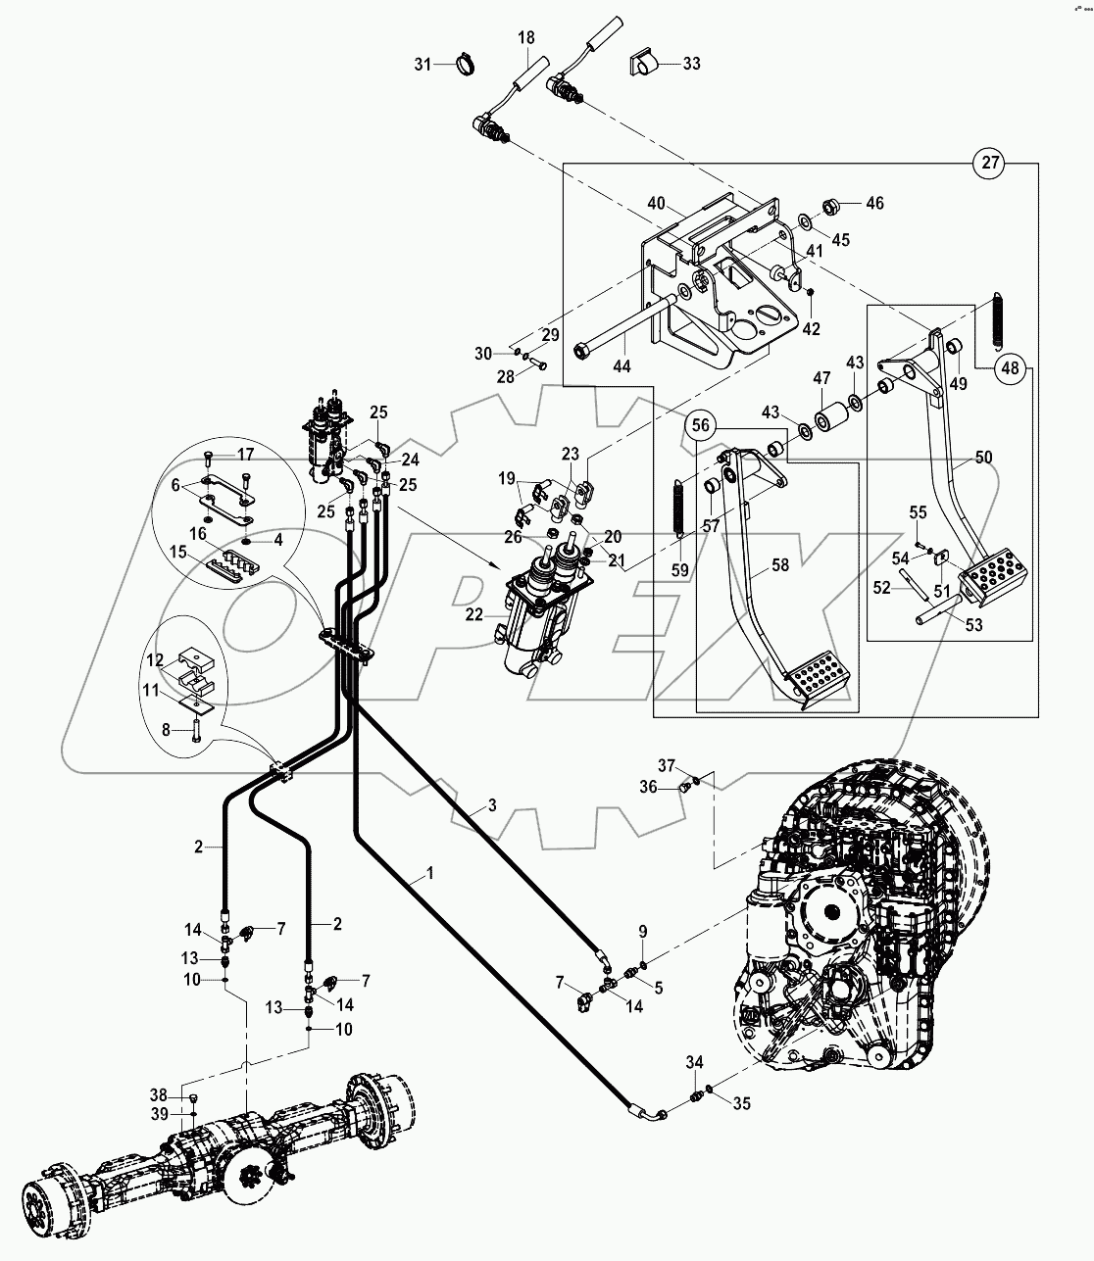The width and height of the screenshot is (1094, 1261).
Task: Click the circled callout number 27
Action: click(991, 164)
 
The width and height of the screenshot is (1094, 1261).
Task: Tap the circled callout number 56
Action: click(701, 426)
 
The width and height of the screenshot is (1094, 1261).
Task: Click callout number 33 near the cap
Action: click(691, 64)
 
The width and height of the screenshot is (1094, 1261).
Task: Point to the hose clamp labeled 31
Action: click(464, 66)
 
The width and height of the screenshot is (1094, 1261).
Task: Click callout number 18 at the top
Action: click(526, 37)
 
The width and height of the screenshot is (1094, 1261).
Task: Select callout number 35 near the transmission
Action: click(741, 1103)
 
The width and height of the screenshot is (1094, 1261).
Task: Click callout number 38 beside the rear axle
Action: click(159, 1094)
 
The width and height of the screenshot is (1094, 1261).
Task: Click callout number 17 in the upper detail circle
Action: click(244, 455)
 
